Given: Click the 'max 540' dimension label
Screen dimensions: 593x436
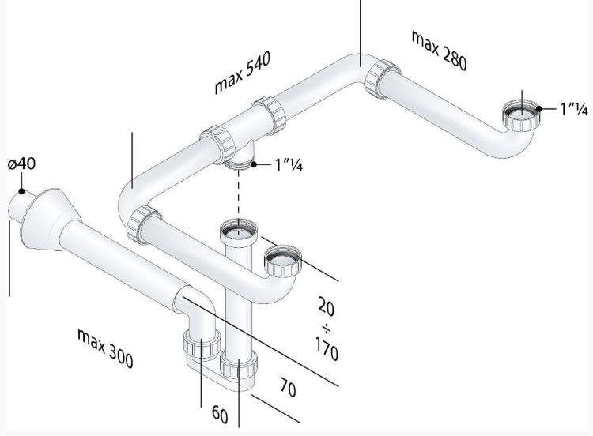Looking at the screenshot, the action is [243, 73].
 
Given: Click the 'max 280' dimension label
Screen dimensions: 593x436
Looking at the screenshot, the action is [439, 51].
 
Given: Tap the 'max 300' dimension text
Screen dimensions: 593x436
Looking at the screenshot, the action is [105, 348].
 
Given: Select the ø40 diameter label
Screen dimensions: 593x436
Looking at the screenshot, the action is [21, 164].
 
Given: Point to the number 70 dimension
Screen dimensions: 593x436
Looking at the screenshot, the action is [288, 388].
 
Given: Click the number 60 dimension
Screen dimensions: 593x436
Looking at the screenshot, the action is [220, 414].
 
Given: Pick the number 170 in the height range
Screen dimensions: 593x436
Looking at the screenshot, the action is [327, 349].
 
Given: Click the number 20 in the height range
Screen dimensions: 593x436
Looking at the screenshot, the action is [326, 306].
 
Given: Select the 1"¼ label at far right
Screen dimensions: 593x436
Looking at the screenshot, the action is [574, 109].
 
